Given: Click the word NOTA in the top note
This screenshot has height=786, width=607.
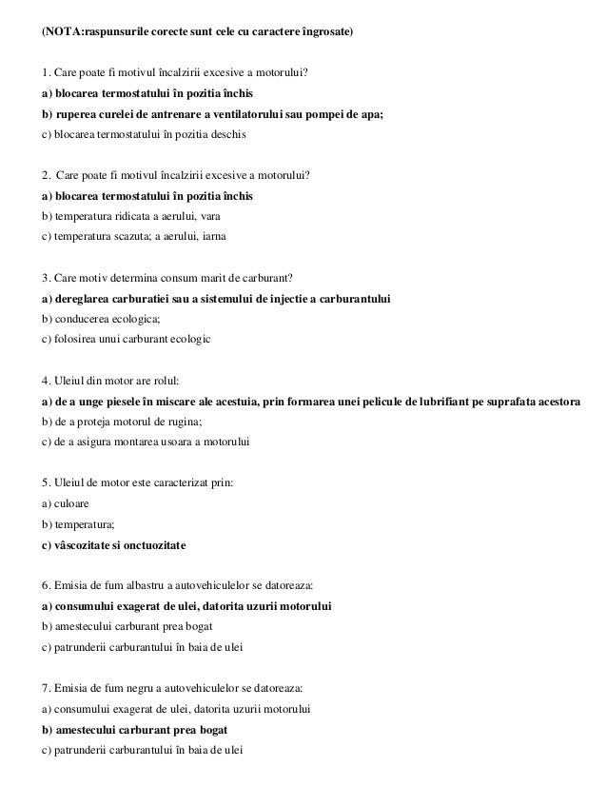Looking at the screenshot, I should [x=61, y=33].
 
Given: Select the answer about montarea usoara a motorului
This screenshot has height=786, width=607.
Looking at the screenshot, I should [x=147, y=441].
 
